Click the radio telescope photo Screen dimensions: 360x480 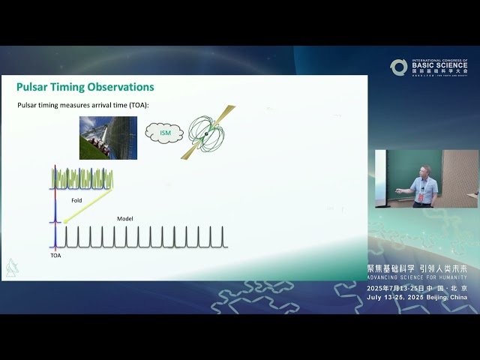[x=108, y=138]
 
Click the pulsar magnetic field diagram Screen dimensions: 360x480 [x=207, y=133]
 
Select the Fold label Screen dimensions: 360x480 [x=76, y=201]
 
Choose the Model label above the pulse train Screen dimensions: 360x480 [x=125, y=219]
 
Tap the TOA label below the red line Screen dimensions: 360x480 [x=55, y=256]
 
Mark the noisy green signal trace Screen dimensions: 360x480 [x=82, y=178]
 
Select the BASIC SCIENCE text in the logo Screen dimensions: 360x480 [x=439, y=65]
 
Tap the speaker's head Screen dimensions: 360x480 [x=425, y=172]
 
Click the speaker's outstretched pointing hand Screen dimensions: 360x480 [x=398, y=192]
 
